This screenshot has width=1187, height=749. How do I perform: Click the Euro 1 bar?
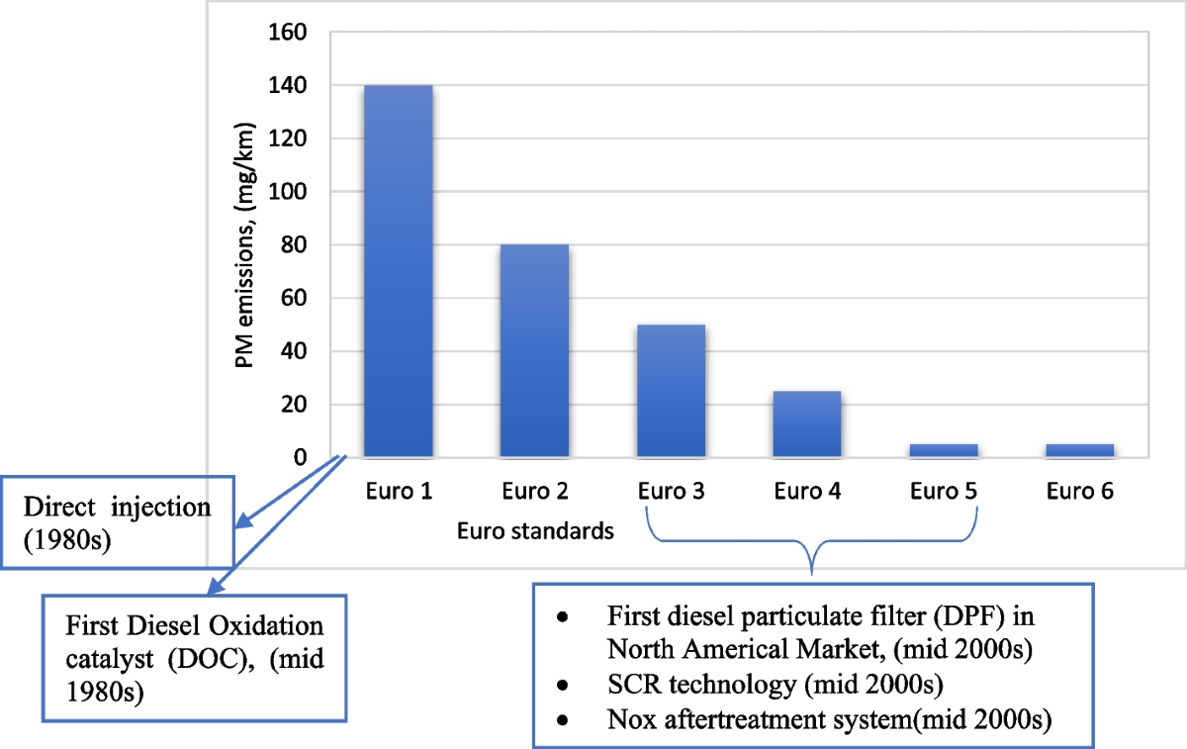[398, 272]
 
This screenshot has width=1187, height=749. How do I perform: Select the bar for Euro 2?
[534, 351]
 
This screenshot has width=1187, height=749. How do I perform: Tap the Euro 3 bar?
[671, 391]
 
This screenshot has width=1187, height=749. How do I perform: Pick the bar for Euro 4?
[807, 423]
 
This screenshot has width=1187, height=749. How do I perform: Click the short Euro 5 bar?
[944, 450]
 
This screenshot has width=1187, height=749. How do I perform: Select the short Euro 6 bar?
[1079, 450]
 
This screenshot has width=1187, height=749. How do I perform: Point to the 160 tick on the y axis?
[288, 33]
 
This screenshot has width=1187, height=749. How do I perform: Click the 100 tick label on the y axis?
[288, 192]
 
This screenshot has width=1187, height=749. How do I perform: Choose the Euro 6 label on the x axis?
[1079, 492]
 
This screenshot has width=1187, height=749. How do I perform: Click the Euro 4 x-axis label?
[807, 492]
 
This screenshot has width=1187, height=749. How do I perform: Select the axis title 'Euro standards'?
[535, 531]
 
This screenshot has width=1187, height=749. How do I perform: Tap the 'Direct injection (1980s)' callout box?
[118, 520]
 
